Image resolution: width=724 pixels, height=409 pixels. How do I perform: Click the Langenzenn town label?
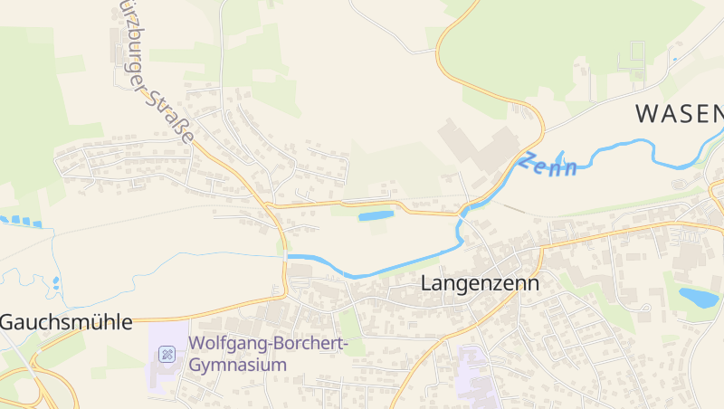(x=480, y=282)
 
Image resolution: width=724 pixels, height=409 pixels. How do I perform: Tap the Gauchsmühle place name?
(x=66, y=322)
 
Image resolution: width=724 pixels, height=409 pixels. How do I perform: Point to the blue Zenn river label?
(x=548, y=166)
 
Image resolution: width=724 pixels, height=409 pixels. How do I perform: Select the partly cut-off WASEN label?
(x=679, y=113)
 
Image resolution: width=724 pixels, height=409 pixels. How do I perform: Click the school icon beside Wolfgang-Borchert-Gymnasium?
(x=167, y=354)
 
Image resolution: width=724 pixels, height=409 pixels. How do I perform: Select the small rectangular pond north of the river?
(x=376, y=216)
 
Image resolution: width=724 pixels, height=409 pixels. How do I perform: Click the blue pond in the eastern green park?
(x=698, y=297)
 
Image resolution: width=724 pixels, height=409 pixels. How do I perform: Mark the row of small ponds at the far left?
(x=20, y=221)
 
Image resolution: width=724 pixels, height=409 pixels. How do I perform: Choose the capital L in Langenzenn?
(x=426, y=282)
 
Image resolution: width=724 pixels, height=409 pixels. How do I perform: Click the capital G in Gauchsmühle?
(x=8, y=322)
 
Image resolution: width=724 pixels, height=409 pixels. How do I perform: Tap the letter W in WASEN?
(x=646, y=113)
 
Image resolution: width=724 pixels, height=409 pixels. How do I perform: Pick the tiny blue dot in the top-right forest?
(x=674, y=60)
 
